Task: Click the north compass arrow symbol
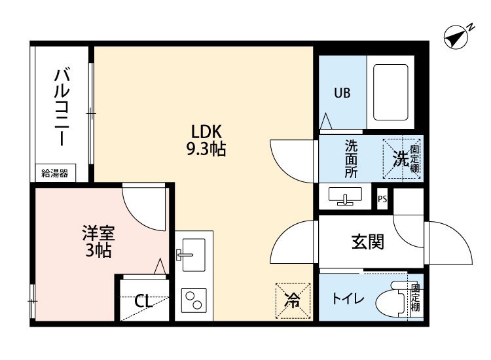coord(457,37)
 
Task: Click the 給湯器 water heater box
coord(55,173)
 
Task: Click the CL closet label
coord(143,302)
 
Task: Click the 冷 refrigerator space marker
coord(293,300)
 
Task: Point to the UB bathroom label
coord(342,93)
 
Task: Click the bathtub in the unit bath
coord(391,92)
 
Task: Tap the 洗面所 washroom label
coord(352,159)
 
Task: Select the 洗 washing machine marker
coord(400,158)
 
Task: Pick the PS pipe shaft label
coord(382,200)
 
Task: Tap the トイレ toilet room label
coord(348,299)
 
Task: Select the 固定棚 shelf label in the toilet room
coord(415,298)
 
